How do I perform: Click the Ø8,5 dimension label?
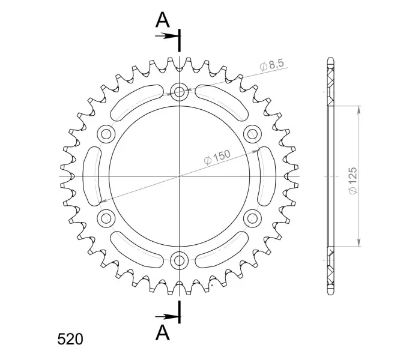(272, 65)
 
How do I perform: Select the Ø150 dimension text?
(217, 157)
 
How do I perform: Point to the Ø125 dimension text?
(353, 181)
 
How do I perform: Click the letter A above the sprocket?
(162, 20)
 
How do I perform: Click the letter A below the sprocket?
(163, 332)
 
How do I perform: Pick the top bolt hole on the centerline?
(180, 92)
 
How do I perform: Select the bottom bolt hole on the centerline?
(180, 260)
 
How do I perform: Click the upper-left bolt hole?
(106, 134)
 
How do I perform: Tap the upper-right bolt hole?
(252, 134)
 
